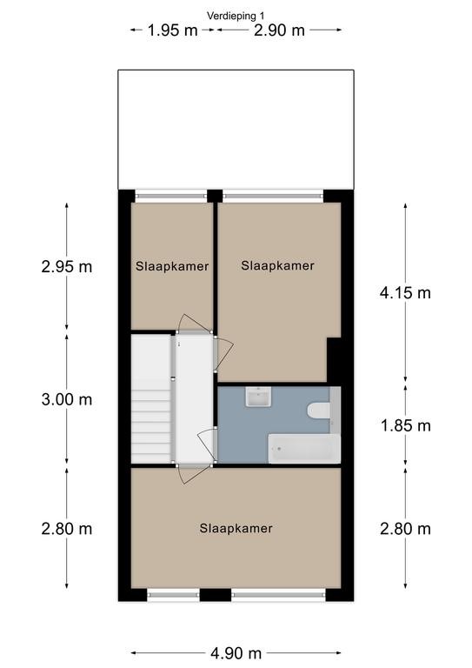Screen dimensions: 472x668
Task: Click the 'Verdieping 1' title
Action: tap(236, 16)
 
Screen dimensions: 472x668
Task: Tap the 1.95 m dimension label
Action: tap(172, 30)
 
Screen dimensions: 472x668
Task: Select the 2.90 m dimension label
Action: tap(279, 30)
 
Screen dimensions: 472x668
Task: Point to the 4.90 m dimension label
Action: tap(236, 653)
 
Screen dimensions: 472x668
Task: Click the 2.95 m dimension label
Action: tap(67, 267)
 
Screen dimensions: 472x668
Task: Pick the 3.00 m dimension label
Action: tap(67, 399)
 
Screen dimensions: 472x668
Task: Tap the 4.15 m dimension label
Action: tap(405, 293)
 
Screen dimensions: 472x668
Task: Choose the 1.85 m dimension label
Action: tap(405, 425)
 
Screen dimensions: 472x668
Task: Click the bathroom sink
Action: tap(258, 397)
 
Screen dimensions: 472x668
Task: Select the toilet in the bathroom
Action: tap(318, 411)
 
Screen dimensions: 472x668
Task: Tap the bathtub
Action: tap(304, 449)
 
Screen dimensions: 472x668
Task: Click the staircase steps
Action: tap(150, 398)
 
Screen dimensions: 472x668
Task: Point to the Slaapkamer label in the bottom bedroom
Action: tap(236, 529)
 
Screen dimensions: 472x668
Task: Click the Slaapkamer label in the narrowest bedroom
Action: tap(172, 266)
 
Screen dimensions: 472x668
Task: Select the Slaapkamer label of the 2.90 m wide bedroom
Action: tap(277, 265)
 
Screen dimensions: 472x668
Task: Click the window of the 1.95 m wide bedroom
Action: tap(171, 196)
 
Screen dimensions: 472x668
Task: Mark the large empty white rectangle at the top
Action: tap(236, 130)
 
